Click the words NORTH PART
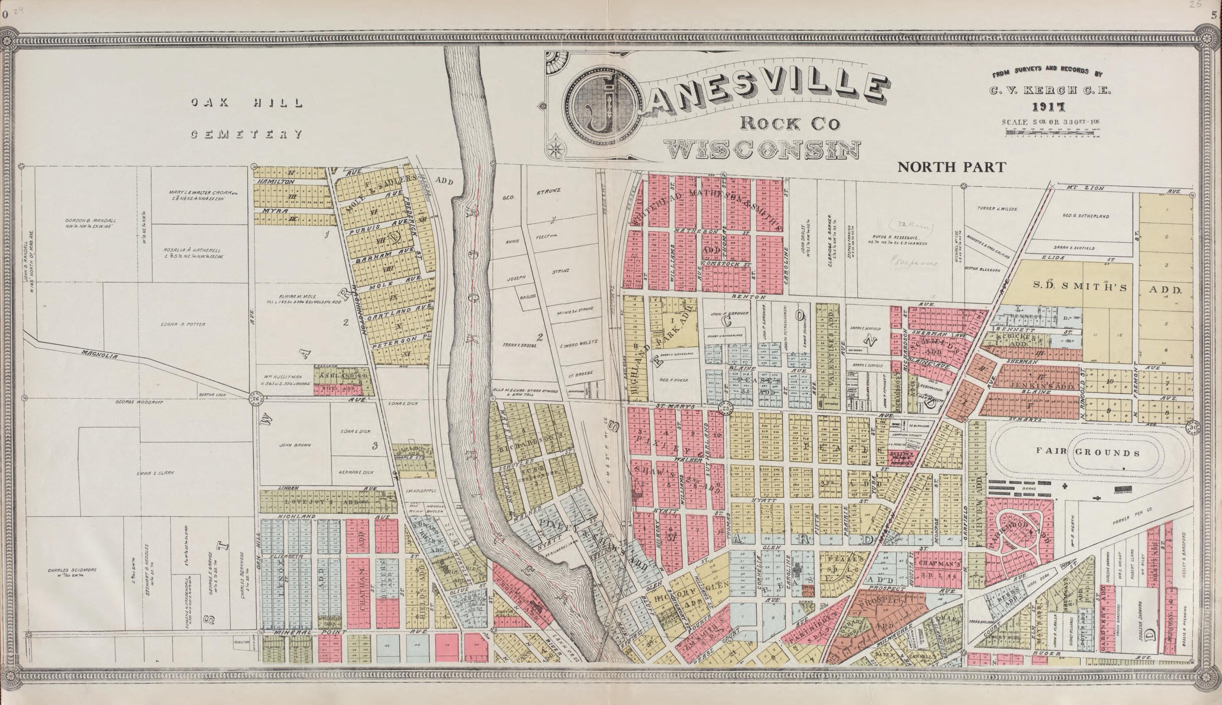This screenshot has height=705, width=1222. click(x=952, y=167)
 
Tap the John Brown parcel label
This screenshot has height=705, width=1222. click(x=295, y=444)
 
